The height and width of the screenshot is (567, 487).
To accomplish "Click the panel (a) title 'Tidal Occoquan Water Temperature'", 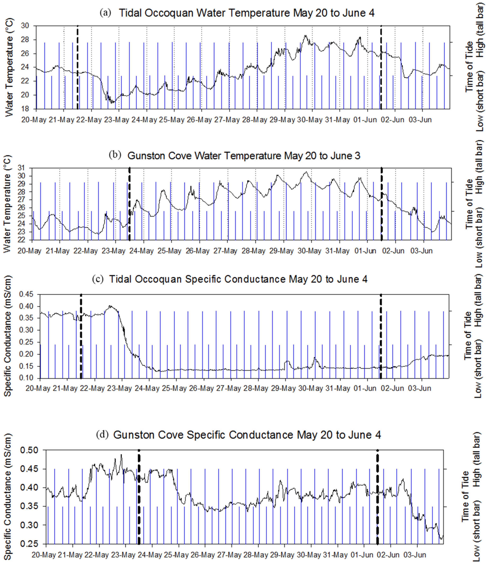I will [246, 13].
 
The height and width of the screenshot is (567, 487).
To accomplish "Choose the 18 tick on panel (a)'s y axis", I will [27, 109].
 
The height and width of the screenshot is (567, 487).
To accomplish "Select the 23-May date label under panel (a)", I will [116, 120].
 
